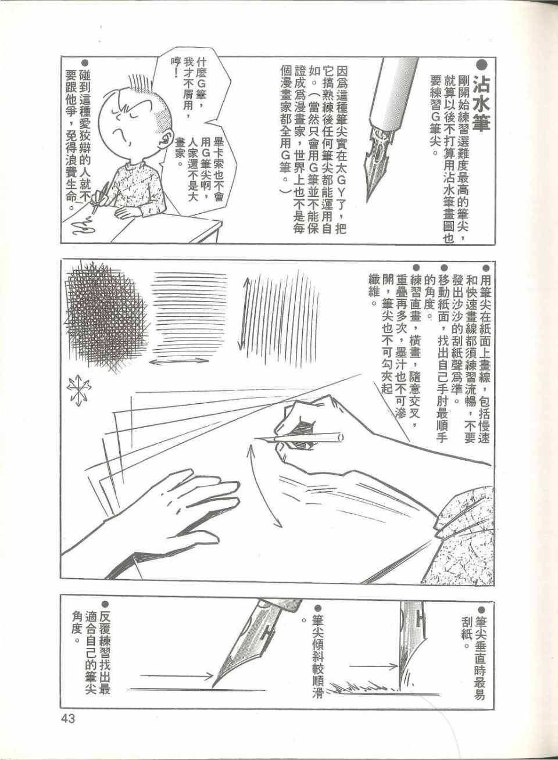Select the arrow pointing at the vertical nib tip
373,666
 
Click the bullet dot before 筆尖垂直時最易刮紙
483,611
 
